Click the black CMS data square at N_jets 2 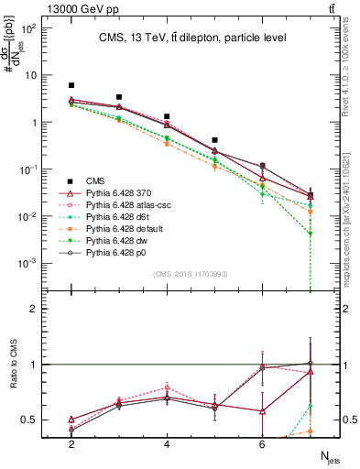click(71, 85)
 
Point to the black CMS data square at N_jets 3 click(119, 97)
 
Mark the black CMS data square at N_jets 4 click(167, 117)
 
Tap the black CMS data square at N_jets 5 click(214, 140)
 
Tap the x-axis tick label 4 click(167, 444)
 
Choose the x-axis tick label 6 click(262, 444)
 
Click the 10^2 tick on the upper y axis click(30, 28)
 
